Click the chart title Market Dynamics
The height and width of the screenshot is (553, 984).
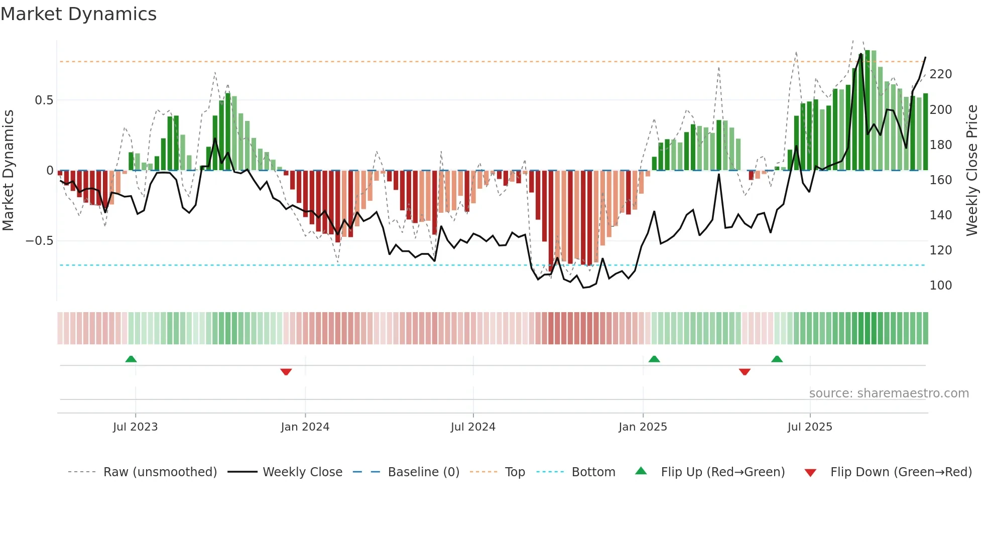[x=78, y=14]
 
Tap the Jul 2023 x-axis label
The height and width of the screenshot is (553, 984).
[x=135, y=427]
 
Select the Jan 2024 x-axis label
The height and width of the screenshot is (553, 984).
[x=305, y=427]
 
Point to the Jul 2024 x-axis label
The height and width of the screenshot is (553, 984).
[x=473, y=427]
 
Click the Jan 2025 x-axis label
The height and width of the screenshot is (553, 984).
[x=643, y=427]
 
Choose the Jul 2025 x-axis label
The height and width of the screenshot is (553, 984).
[x=810, y=427]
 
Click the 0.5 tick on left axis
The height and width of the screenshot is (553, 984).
[x=44, y=100]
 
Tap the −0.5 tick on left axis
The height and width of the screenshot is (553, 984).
[x=39, y=241]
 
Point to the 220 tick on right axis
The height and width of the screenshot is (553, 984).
[x=940, y=74]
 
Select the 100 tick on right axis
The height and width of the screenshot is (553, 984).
[x=940, y=286]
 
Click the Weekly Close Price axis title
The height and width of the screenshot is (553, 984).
[x=972, y=171]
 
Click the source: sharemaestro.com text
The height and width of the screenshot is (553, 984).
[x=889, y=393]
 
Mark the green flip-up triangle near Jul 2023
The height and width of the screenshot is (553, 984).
[x=131, y=359]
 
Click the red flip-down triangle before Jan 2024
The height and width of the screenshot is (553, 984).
[x=286, y=371]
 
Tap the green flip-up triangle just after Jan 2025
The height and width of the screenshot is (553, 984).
[x=654, y=359]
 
